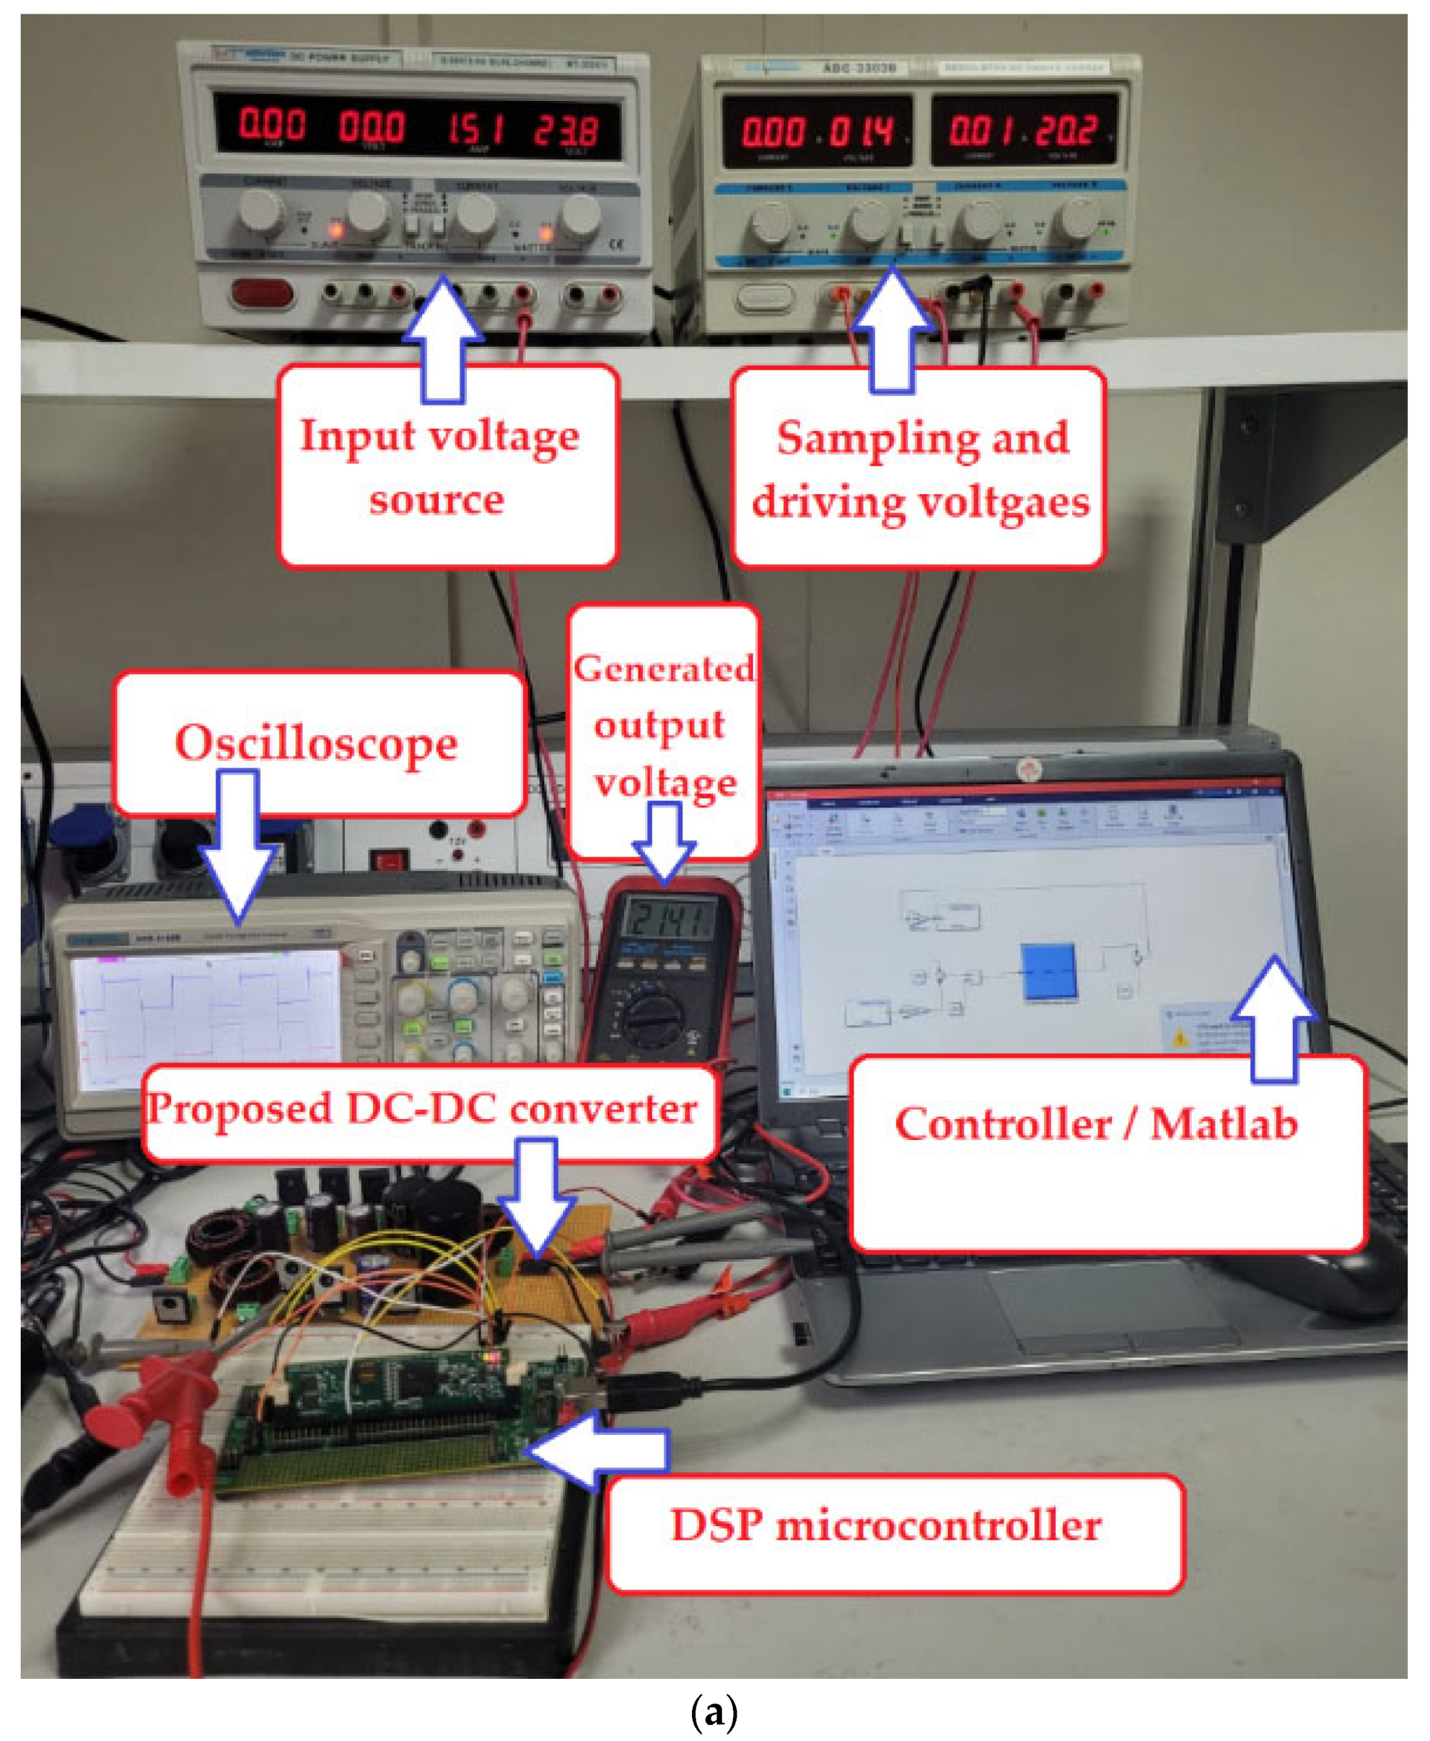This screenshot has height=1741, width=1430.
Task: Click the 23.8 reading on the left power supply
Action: point(565,130)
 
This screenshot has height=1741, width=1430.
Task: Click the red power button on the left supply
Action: point(262,293)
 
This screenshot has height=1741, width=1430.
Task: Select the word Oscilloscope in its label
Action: point(317,743)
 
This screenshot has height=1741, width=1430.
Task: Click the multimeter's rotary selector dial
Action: point(653,1015)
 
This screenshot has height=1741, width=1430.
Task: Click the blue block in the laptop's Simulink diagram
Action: point(1049,971)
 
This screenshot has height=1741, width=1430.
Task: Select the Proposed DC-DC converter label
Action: point(423,1109)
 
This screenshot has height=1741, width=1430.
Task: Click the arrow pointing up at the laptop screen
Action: point(1273,1022)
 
